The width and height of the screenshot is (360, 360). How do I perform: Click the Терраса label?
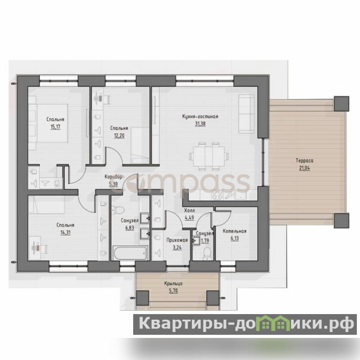(304, 161)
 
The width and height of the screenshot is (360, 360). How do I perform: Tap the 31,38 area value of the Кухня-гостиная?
(200, 124)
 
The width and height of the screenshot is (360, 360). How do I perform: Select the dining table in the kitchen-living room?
(209, 156)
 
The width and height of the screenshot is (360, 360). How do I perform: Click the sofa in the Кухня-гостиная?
(246, 114)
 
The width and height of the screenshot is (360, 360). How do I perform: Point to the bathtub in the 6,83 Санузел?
(130, 253)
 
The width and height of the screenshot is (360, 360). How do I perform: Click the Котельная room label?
(234, 231)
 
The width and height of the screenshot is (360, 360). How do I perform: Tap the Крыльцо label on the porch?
(173, 283)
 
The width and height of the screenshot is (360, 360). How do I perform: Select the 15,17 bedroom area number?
(55, 127)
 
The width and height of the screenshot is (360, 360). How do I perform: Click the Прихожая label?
(177, 240)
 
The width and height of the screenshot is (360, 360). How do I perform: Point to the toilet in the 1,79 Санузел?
(207, 253)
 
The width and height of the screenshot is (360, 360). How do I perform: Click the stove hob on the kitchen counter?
(217, 195)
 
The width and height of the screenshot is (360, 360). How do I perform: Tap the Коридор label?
(113, 177)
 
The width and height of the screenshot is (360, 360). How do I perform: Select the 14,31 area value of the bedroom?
(65, 233)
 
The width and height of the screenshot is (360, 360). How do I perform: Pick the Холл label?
(189, 210)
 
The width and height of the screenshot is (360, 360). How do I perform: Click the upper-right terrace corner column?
(342, 103)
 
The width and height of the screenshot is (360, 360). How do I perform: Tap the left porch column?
(142, 298)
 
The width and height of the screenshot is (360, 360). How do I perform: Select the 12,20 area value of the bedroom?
(119, 136)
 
